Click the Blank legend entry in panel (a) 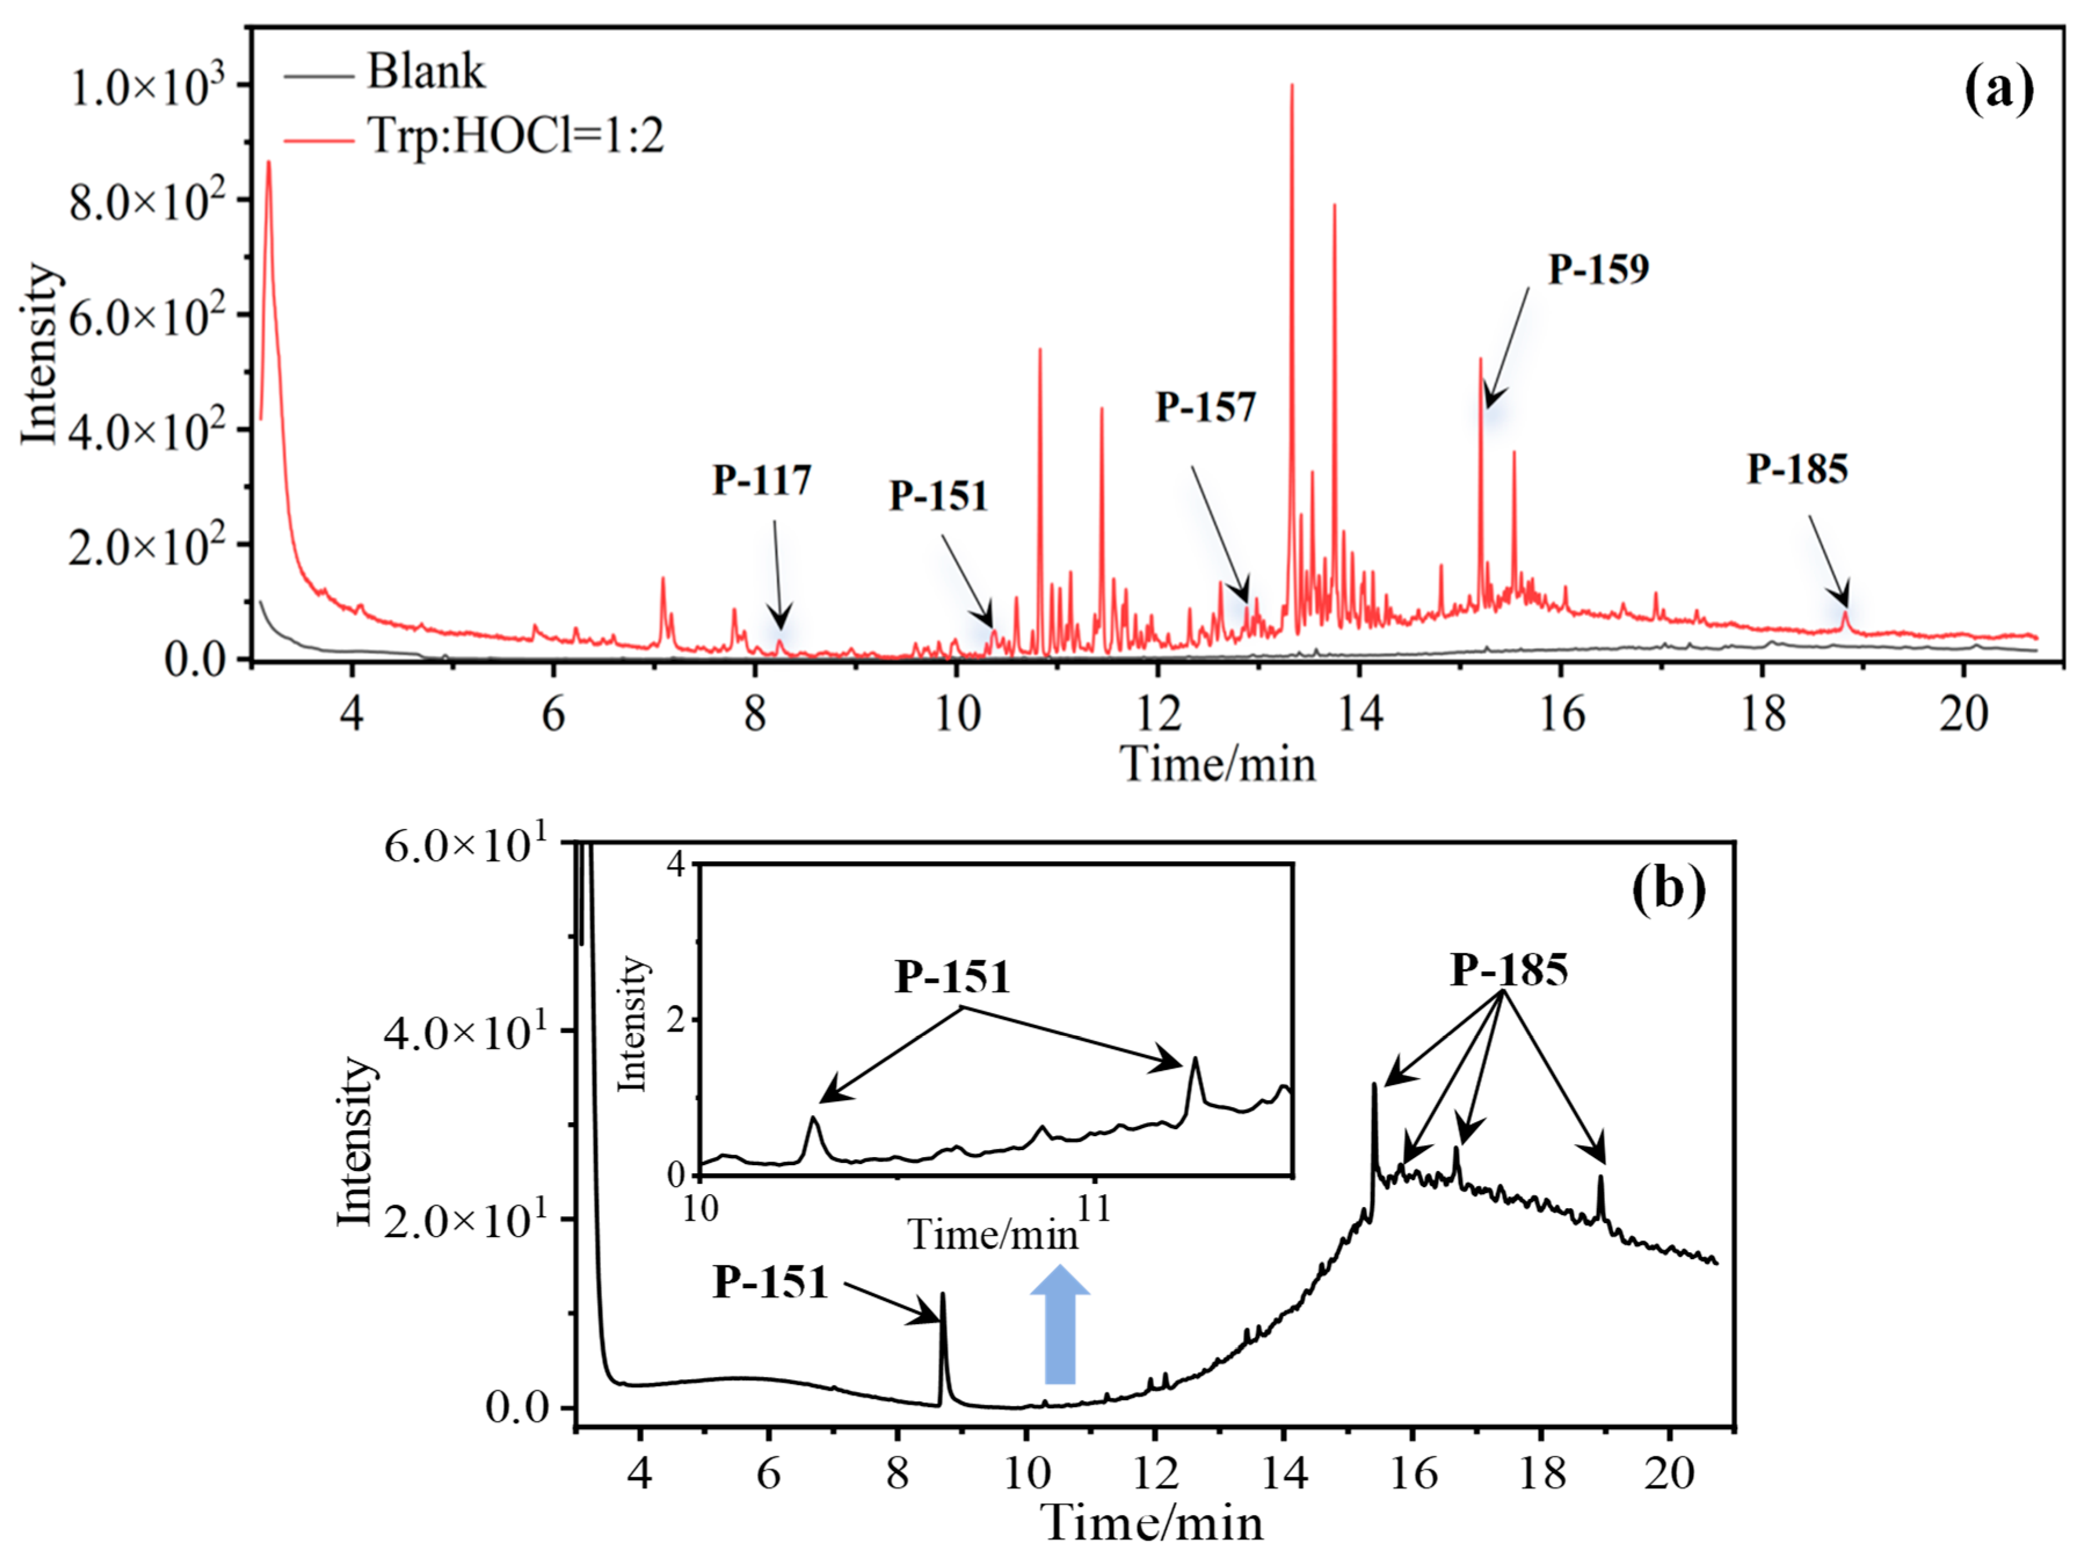pos(425,72)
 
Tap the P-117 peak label pos(761,481)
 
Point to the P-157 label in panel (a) pos(1205,408)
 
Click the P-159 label pos(1598,270)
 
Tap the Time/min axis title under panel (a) pos(1217,763)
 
